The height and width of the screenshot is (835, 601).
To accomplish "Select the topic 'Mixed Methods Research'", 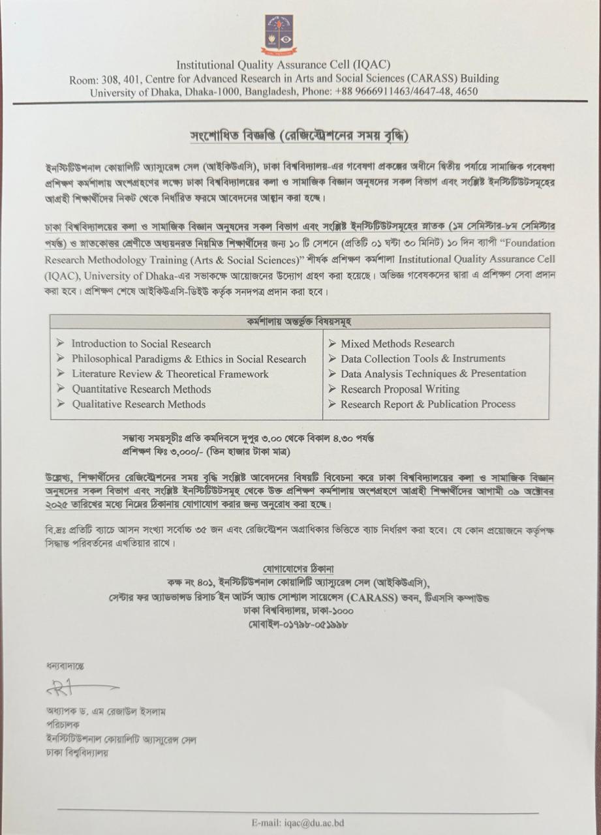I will [x=397, y=344].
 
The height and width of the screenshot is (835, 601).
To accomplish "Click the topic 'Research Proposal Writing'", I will [x=399, y=389].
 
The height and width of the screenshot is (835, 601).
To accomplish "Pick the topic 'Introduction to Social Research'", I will [x=141, y=344].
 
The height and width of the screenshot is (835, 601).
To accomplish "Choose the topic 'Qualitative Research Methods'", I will [x=138, y=404].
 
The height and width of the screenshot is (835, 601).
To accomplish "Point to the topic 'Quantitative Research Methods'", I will [x=141, y=389].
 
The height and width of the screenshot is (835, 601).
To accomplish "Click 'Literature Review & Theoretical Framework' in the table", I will [x=170, y=374].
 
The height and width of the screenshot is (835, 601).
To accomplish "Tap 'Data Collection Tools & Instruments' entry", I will [x=423, y=359].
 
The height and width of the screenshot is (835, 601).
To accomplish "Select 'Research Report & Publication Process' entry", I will [x=427, y=404].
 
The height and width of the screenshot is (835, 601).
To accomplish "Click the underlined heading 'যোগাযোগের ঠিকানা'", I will [x=300, y=568].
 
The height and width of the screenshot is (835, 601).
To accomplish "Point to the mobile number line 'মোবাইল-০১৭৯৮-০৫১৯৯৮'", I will [x=300, y=624].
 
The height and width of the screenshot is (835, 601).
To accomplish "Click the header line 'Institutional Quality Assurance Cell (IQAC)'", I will [x=283, y=65].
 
